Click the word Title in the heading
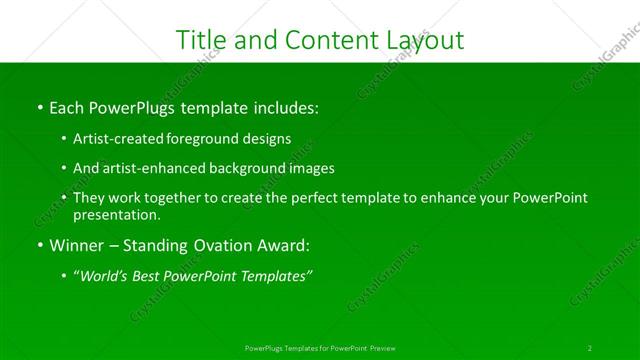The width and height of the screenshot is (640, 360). pos(199,39)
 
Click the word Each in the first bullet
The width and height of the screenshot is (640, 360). pos(67,107)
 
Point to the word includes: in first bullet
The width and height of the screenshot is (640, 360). pos(284,107)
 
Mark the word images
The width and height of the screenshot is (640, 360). pos(311,168)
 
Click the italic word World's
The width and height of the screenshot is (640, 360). pos(107,277)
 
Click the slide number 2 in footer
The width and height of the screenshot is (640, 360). pos(590,347)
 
